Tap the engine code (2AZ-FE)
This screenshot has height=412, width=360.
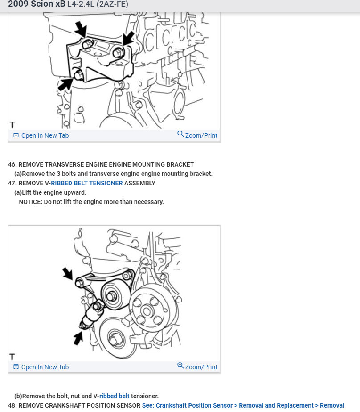pyautogui.click(x=112, y=4)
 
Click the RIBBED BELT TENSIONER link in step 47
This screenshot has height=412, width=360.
pyautogui.click(x=87, y=183)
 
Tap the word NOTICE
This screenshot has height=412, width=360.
pyautogui.click(x=30, y=202)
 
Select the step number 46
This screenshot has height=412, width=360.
pyautogui.click(x=12, y=164)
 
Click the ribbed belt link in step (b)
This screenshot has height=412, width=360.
pyautogui.click(x=115, y=396)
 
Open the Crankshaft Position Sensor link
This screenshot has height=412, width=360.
pyautogui.click(x=188, y=405)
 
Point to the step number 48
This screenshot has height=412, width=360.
pyautogui.click(x=12, y=405)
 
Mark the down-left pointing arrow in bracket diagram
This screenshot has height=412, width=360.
pyautogui.click(x=128, y=38)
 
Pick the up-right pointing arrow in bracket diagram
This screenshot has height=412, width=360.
pyautogui.click(x=65, y=84)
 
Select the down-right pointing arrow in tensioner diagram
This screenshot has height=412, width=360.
pyautogui.click(x=67, y=273)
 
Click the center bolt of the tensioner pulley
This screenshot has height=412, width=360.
pyautogui.click(x=111, y=296)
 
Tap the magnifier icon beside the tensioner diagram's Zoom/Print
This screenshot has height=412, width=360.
pyautogui.click(x=180, y=366)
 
